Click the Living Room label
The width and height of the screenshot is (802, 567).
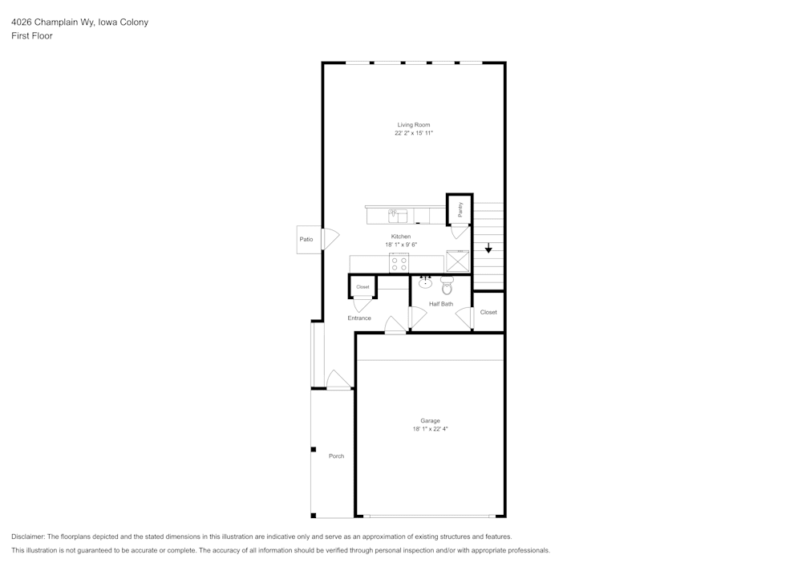pos(414,125)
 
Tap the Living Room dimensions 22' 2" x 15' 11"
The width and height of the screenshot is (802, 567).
pos(414,133)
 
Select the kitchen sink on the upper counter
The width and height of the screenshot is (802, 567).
pos(398,215)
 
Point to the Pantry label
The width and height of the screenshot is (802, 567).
pos(460,209)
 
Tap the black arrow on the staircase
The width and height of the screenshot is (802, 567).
pos(488,249)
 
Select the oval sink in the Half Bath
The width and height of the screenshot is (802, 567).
pos(425,282)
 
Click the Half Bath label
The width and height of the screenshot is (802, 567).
pos(440,304)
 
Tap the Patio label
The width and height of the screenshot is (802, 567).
pos(306,239)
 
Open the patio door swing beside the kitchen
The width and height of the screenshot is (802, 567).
pos(330,238)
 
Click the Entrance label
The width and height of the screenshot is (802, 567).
pos(359,318)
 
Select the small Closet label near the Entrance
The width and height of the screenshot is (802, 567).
pos(363,286)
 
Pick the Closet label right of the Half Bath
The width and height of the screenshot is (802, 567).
pos(488,312)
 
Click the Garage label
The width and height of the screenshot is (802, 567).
pos(430,421)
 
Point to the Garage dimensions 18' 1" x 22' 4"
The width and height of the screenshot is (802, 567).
pos(430,429)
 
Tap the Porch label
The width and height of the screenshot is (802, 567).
pos(336,456)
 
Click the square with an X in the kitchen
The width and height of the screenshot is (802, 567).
pos(458,262)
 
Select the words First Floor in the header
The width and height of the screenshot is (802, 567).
pos(32,36)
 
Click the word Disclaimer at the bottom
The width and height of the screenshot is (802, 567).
pos(28,537)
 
